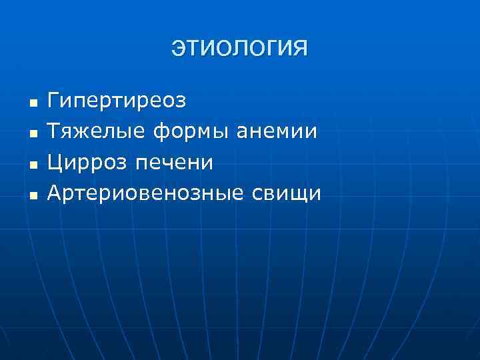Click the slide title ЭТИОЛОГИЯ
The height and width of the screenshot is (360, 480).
(240, 48)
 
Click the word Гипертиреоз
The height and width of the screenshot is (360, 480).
(117, 102)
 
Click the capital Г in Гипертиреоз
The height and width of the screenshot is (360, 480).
(54, 101)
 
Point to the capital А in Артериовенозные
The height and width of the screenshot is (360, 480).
(55, 193)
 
